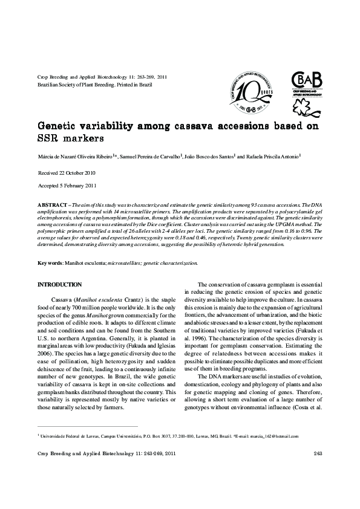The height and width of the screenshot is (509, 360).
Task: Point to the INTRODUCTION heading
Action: [x=60, y=284]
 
